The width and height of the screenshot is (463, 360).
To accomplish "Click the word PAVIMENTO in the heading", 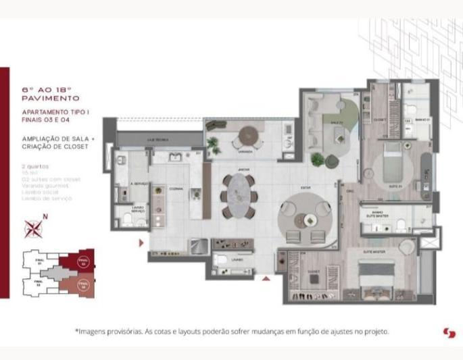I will click(51, 99).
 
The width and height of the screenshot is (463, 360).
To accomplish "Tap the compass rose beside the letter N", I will click(33, 228).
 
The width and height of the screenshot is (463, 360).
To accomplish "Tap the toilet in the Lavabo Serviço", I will click(126, 221).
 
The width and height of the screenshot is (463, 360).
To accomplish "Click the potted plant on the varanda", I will click(214, 143).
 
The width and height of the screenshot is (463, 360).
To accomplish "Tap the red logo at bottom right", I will click(449, 332).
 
